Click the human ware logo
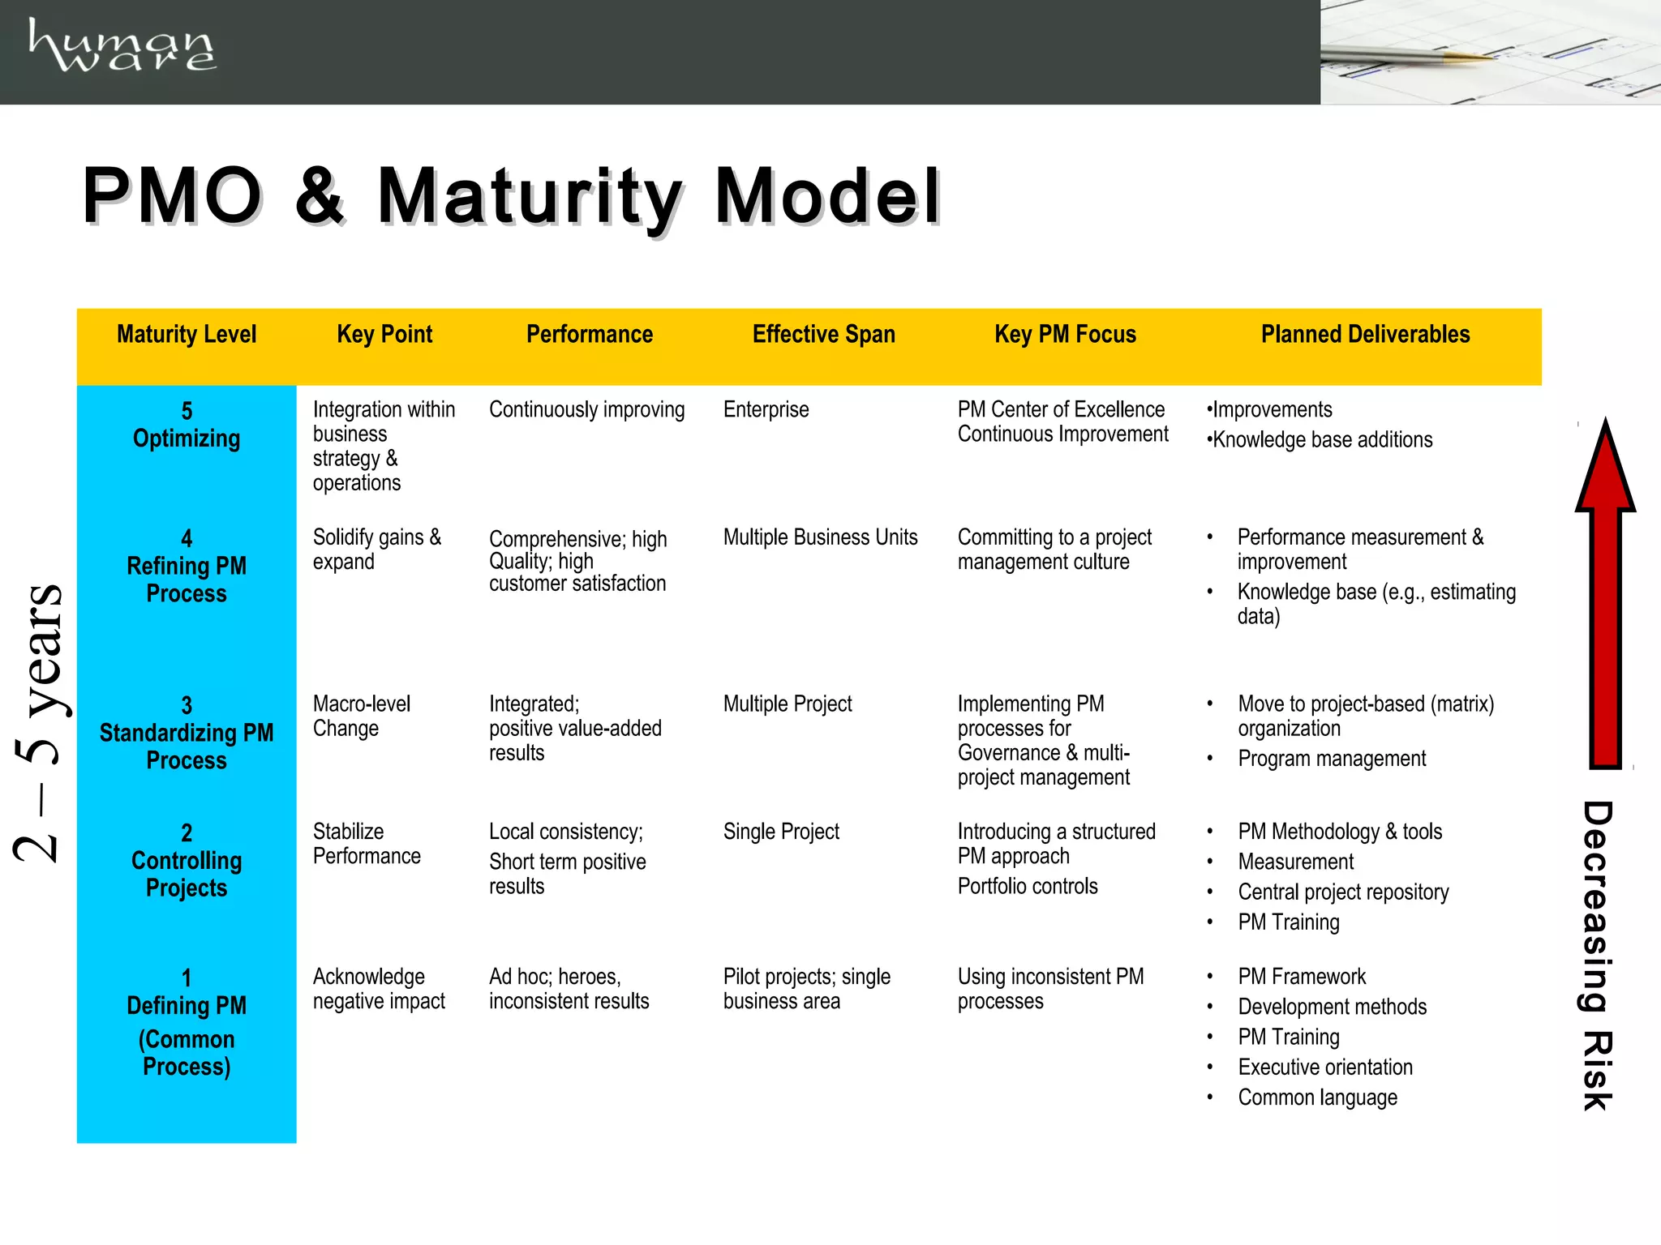[x=122, y=46]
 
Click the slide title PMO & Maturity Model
[x=511, y=196]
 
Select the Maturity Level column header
[x=187, y=334]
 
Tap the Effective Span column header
[x=823, y=334]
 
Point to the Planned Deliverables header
[x=1365, y=334]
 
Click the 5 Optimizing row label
[x=187, y=425]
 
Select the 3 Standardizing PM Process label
[x=187, y=733]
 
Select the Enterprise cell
[x=766, y=409]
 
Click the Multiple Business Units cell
[x=820, y=537]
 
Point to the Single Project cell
[x=781, y=832]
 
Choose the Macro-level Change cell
[x=362, y=716]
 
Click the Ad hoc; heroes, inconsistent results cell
[x=569, y=988]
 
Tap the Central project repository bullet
[x=1343, y=892]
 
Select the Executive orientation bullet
[x=1325, y=1067]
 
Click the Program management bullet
[x=1332, y=759]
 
